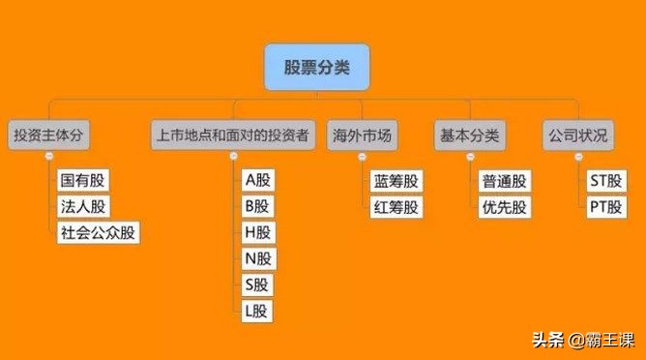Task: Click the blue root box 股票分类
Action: pyautogui.click(x=316, y=67)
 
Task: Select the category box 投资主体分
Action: pyautogui.click(x=48, y=135)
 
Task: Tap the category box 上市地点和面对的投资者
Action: pyautogui.click(x=233, y=135)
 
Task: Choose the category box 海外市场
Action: pyautogui.click(x=361, y=135)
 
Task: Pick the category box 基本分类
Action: pyautogui.click(x=469, y=135)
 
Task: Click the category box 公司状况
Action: pyautogui.click(x=577, y=135)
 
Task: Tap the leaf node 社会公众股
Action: pyautogui.click(x=98, y=232)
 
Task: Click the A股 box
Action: pyautogui.click(x=258, y=180)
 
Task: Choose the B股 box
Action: pyautogui.click(x=258, y=206)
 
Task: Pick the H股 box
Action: pyautogui.click(x=258, y=232)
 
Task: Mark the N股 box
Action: pyautogui.click(x=258, y=258)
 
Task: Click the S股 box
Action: pyautogui.click(x=258, y=285)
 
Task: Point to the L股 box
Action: pyautogui.click(x=258, y=311)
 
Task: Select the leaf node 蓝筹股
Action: pyautogui.click(x=396, y=180)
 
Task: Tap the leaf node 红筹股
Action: pyautogui.click(x=396, y=206)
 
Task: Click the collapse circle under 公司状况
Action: pyautogui.click(x=578, y=157)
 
